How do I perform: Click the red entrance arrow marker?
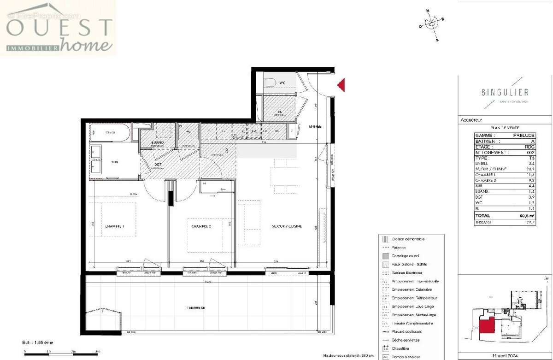click(341, 85)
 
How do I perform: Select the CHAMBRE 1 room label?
click(115, 226)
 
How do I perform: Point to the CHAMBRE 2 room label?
click(201, 226)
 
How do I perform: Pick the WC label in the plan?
click(282, 83)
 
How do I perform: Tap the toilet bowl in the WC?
click(270, 83)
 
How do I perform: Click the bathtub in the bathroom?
click(110, 133)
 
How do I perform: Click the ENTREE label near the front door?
click(315, 127)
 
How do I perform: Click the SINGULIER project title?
click(505, 92)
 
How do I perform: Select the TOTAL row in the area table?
click(505, 215)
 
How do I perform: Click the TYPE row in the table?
click(505, 158)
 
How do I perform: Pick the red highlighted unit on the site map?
click(488, 325)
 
